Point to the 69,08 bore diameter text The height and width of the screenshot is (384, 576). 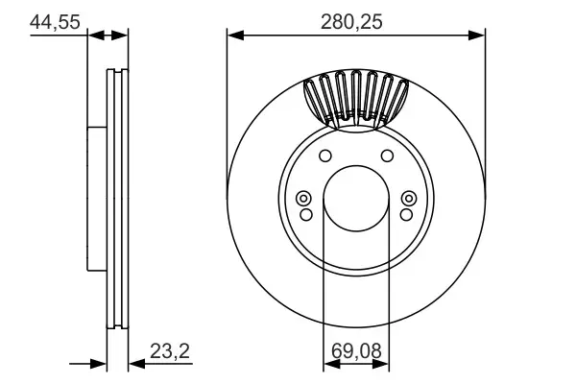coord(355,352)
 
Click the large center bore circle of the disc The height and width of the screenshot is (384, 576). coord(355,200)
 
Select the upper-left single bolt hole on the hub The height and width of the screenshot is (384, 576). coord(324,157)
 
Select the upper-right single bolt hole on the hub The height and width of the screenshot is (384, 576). coord(387,157)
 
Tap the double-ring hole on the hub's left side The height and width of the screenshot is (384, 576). coord(305,199)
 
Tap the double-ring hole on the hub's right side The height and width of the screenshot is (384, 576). coord(406,199)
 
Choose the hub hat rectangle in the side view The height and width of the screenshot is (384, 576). coord(96,200)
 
